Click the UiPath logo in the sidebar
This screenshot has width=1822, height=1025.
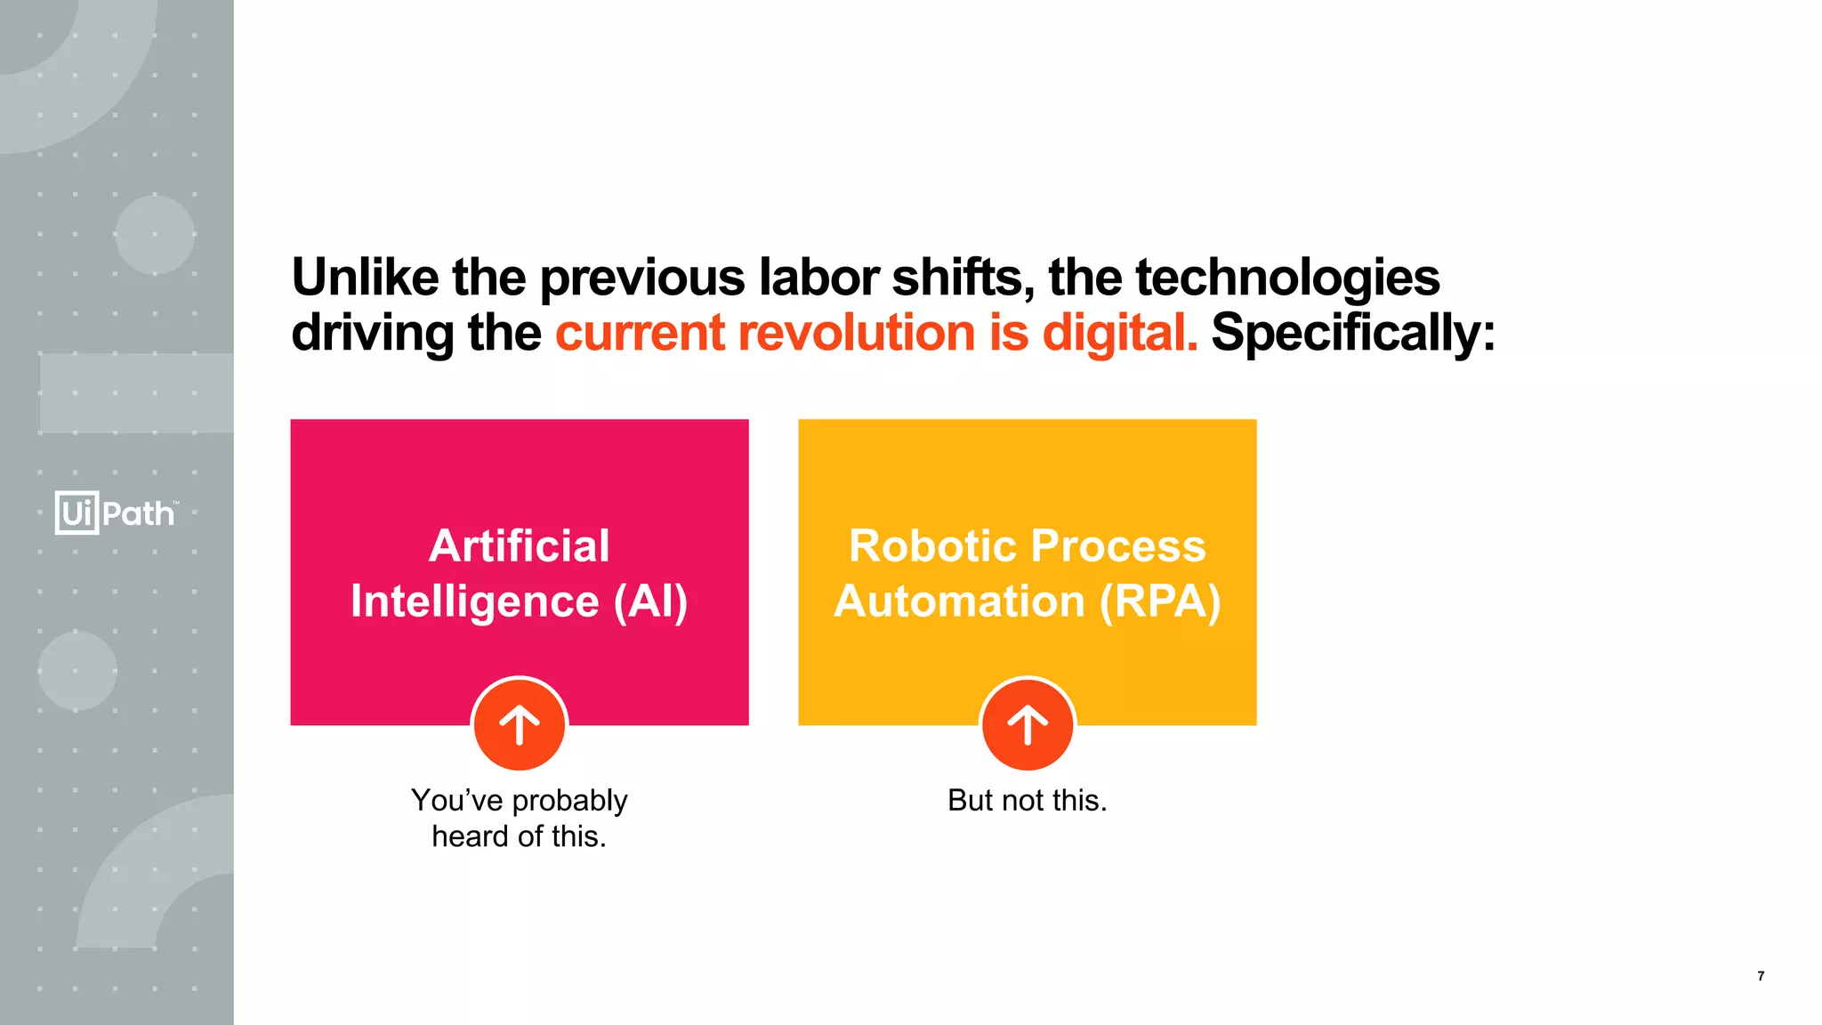point(116,512)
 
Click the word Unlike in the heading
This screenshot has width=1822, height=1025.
point(365,278)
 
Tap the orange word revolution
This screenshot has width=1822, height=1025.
point(857,333)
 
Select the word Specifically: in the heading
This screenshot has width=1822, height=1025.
point(1353,335)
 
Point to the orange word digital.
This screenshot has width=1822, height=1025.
point(1120,335)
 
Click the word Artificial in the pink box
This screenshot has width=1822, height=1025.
point(520,545)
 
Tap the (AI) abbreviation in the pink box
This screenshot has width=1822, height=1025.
point(650,602)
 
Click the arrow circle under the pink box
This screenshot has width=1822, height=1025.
point(520,725)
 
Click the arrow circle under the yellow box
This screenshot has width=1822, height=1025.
point(1028,725)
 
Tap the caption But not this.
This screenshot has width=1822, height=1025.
point(1028,800)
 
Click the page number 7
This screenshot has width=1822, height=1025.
point(1761,976)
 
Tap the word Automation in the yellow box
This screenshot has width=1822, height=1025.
point(959,601)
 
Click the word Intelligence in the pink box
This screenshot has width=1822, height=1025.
point(474,602)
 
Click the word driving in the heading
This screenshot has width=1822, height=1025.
point(373,335)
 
